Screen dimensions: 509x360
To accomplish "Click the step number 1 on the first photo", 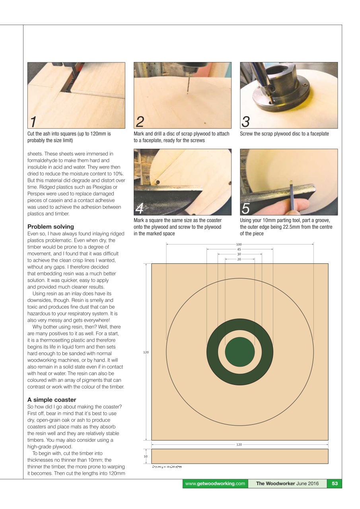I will point(34,121).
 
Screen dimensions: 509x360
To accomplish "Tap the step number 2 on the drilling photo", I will point(140,121).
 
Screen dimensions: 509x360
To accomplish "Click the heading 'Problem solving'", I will point(50,227).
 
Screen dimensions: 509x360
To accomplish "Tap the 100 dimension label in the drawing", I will point(239,244).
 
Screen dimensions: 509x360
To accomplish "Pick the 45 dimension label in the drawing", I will point(239,249).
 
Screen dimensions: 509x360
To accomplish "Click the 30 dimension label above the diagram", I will point(239,254).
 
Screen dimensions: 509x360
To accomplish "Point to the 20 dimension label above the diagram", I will point(239,259).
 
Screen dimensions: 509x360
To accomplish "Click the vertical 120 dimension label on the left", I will point(146,352).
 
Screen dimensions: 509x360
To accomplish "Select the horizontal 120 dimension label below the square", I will point(239,445).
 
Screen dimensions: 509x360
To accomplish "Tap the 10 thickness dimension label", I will point(146,456).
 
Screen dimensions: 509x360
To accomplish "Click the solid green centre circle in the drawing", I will point(240,352).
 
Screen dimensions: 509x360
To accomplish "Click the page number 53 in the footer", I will point(335,484).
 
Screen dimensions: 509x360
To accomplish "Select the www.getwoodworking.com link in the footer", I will point(215,484).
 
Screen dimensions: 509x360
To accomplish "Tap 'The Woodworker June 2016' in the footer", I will point(287,484).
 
